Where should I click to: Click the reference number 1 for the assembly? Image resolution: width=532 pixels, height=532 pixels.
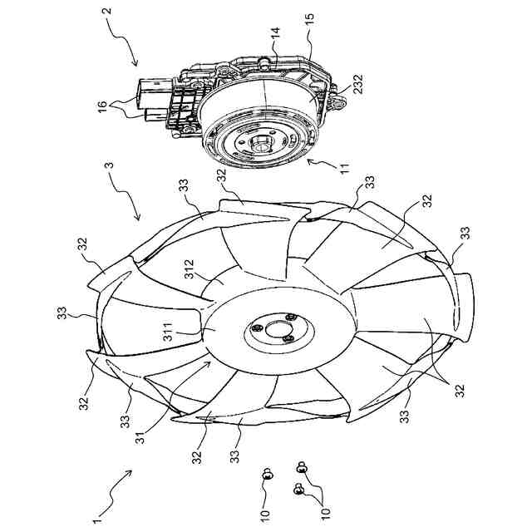point(97,520)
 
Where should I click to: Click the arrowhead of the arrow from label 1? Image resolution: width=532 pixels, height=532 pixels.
point(131,471)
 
